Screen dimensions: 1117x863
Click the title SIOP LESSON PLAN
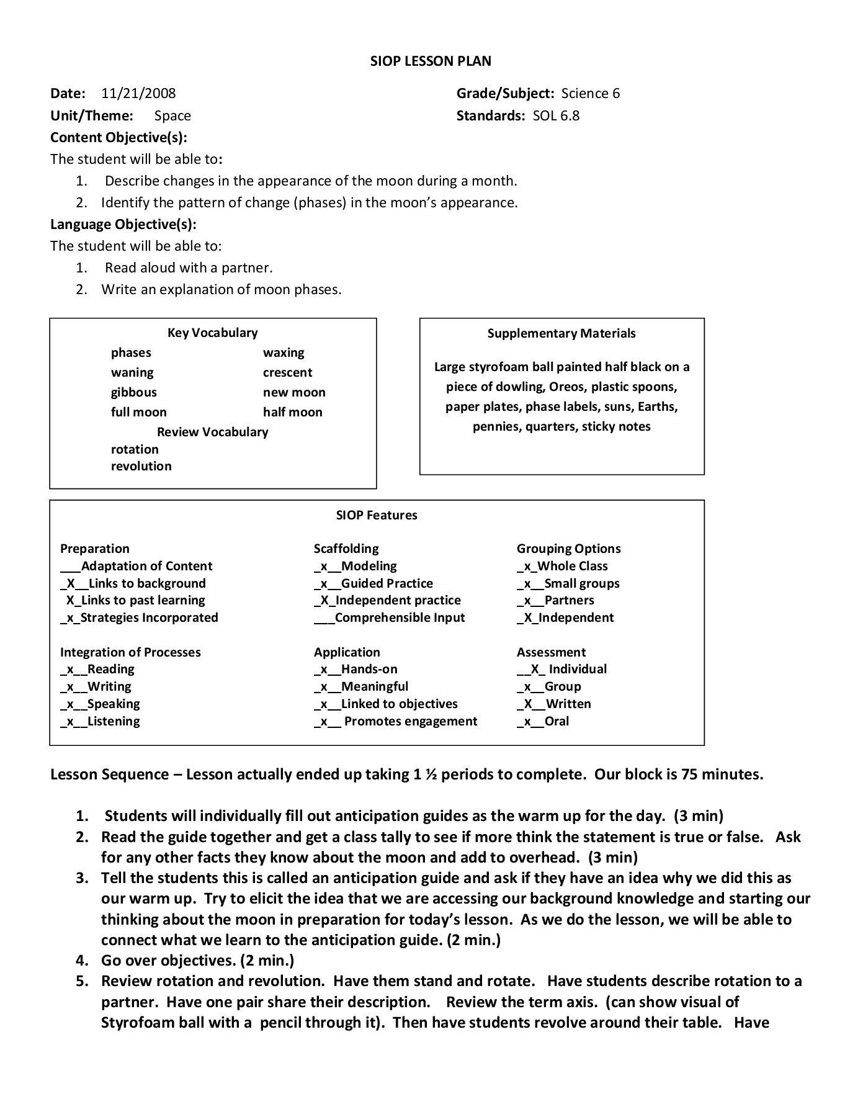pos(431,61)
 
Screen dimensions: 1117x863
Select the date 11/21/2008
pos(138,94)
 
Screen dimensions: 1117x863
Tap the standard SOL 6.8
pos(556,116)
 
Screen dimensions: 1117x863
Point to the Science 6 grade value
pos(590,94)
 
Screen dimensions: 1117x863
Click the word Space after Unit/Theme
pos(172,116)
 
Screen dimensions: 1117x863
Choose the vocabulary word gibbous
pos(134,392)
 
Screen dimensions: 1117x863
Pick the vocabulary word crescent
pos(287,372)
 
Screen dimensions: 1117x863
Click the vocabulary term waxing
pos(284,352)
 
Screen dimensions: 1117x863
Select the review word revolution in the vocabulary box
pos(141,466)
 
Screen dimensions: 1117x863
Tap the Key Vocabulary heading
pos(212,333)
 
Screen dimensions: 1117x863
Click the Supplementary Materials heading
pos(561,333)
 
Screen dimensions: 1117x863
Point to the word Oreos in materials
pos(567,387)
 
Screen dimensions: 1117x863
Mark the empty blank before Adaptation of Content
pos(70,567)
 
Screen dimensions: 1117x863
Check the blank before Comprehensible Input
pos(324,619)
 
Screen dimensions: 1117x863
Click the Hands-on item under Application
pos(369,669)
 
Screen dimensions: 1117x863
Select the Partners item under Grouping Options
pos(569,600)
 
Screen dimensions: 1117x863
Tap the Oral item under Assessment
pos(557,721)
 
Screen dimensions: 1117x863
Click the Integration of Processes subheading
pos(130,652)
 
